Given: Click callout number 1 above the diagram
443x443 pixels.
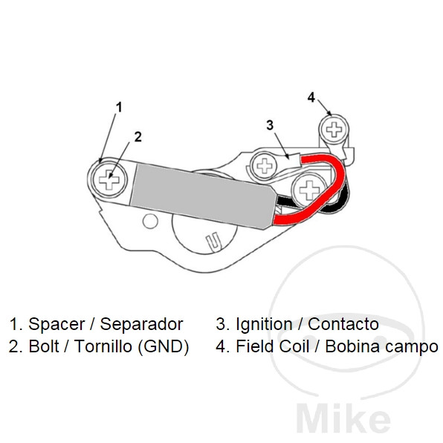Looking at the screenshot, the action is click(x=119, y=107).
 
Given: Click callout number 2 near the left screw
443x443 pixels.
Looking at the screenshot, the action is click(x=138, y=137).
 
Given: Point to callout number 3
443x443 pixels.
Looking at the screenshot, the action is click(x=270, y=125).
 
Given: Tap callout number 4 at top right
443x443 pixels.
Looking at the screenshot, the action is click(x=311, y=97).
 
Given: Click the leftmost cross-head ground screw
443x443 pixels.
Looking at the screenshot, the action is click(x=109, y=179).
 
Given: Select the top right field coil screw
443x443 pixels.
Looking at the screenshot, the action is click(x=334, y=129).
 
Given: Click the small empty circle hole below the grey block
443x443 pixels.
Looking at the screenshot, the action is click(x=150, y=221).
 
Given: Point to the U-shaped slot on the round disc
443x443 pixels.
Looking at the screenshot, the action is click(x=213, y=242).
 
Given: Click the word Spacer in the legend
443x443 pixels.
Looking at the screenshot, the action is click(x=56, y=324).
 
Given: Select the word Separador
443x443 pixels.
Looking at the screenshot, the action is click(x=141, y=324).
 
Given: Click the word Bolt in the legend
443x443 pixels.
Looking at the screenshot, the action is click(x=44, y=346).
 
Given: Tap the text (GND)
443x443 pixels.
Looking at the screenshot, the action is click(x=164, y=346).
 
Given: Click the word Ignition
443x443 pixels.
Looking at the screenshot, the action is click(x=264, y=324).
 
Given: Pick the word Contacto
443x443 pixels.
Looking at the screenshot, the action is click(x=343, y=324).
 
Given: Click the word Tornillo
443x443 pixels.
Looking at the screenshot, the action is click(x=103, y=346).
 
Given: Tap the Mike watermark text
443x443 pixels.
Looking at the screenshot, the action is click(x=343, y=421).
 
